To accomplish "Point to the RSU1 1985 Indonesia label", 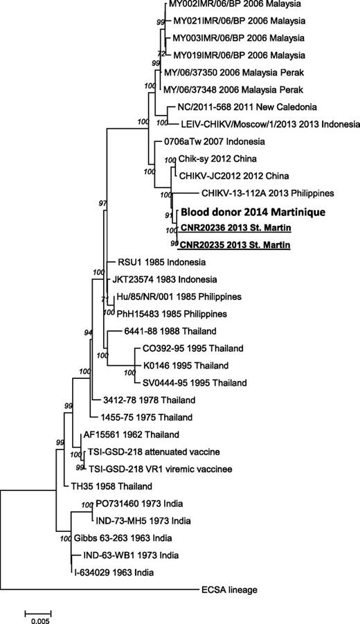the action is pos(159,262).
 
